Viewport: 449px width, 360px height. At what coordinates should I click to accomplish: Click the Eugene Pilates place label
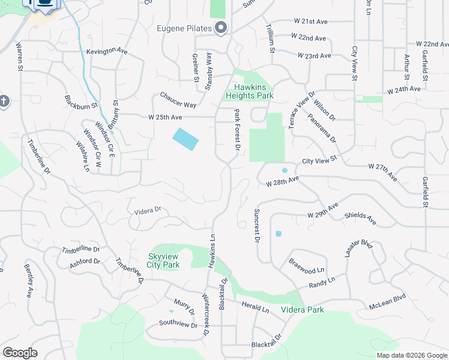click(184, 28)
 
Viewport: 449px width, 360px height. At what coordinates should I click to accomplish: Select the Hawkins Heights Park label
click(250, 91)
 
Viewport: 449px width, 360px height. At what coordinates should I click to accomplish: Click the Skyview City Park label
click(163, 260)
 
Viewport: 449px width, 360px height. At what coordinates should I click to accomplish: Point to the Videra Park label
click(303, 310)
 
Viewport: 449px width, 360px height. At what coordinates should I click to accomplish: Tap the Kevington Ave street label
click(107, 52)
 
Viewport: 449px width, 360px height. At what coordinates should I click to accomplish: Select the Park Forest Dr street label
click(237, 131)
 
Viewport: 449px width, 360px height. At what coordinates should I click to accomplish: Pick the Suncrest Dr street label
click(256, 226)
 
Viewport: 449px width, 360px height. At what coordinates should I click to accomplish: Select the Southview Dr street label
click(178, 324)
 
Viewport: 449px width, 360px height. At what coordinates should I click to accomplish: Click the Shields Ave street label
click(360, 218)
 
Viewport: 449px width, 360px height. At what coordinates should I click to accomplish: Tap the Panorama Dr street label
click(323, 129)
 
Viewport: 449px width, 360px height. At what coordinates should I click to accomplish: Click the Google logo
click(20, 353)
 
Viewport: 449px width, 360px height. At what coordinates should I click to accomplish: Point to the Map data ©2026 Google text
click(411, 355)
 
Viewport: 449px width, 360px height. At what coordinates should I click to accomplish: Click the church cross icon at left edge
click(4, 101)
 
